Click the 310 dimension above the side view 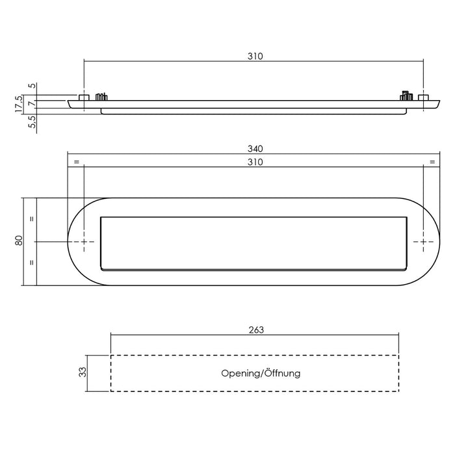(x=254, y=57)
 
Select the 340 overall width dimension (x=254, y=149)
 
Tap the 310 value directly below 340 (x=254, y=162)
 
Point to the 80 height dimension (x=19, y=240)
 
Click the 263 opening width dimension (x=255, y=330)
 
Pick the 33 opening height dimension (x=82, y=373)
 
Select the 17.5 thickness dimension (x=19, y=103)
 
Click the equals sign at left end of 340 (x=76, y=161)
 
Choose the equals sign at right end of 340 (x=432, y=161)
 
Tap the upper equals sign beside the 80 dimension (x=32, y=219)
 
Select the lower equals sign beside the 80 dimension (x=32, y=263)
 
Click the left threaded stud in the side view (x=101, y=97)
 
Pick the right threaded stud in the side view (x=406, y=96)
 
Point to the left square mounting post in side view (x=84, y=97)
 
